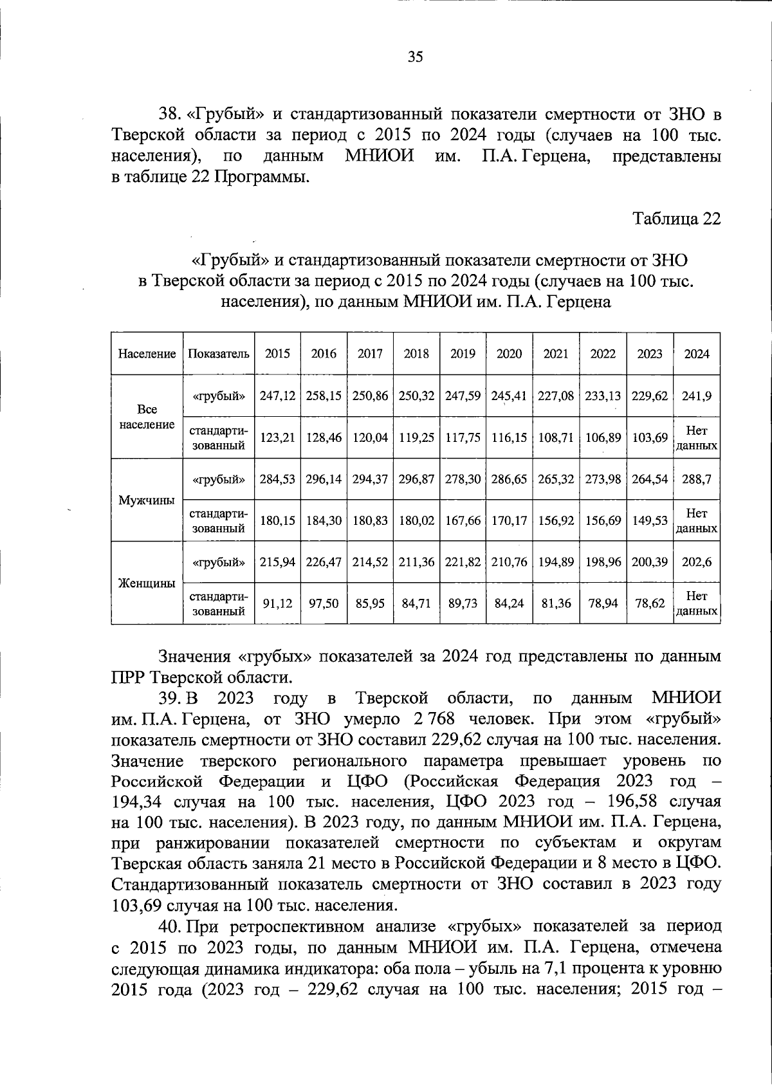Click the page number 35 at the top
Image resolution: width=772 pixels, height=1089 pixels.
[415, 57]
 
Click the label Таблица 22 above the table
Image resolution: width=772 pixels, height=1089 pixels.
[677, 219]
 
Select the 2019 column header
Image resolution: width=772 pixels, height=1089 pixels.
[463, 354]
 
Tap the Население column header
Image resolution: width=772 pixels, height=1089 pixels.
[147, 354]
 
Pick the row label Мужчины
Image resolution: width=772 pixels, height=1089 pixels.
[147, 500]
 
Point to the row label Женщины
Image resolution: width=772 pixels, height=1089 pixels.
[147, 583]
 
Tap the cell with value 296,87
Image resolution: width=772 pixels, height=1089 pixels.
[416, 479]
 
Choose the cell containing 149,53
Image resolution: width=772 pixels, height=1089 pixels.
[650, 520]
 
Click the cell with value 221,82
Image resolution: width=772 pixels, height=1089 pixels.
[463, 562]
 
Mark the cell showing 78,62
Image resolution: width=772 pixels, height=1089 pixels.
[650, 603]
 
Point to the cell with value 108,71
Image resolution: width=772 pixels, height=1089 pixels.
[556, 437]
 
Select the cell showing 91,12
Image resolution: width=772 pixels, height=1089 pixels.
[277, 603]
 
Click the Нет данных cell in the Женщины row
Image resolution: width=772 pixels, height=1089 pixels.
[697, 603]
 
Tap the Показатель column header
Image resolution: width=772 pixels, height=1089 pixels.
[219, 354]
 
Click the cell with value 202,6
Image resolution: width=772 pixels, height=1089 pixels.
[697, 562]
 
